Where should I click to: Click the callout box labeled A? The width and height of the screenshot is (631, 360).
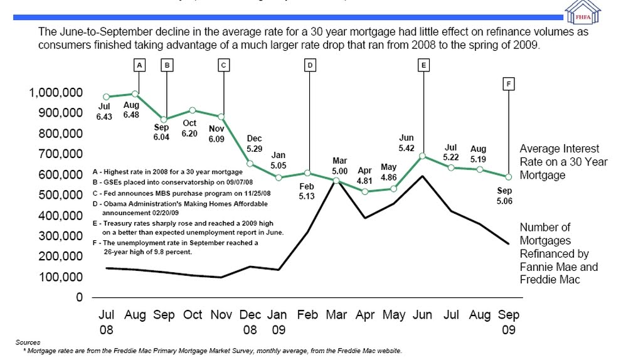[x=139, y=65]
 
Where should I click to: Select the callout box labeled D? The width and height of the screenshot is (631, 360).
[x=309, y=65]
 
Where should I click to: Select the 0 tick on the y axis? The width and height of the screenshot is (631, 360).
[x=79, y=297]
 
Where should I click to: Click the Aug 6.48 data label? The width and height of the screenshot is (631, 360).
[x=131, y=110]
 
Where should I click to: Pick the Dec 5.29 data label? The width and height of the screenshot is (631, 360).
[x=254, y=144]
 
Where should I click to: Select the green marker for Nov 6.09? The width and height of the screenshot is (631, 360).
[x=221, y=117]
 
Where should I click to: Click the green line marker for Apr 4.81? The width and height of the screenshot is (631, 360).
[x=364, y=191]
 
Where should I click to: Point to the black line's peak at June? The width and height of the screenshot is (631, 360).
[x=423, y=176]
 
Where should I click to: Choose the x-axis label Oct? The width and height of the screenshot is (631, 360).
[x=193, y=315]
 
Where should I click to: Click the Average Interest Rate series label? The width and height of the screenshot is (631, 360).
[x=563, y=162]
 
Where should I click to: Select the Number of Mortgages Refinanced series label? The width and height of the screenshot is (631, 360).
[x=558, y=253]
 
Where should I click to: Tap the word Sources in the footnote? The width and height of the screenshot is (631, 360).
[x=28, y=342]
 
